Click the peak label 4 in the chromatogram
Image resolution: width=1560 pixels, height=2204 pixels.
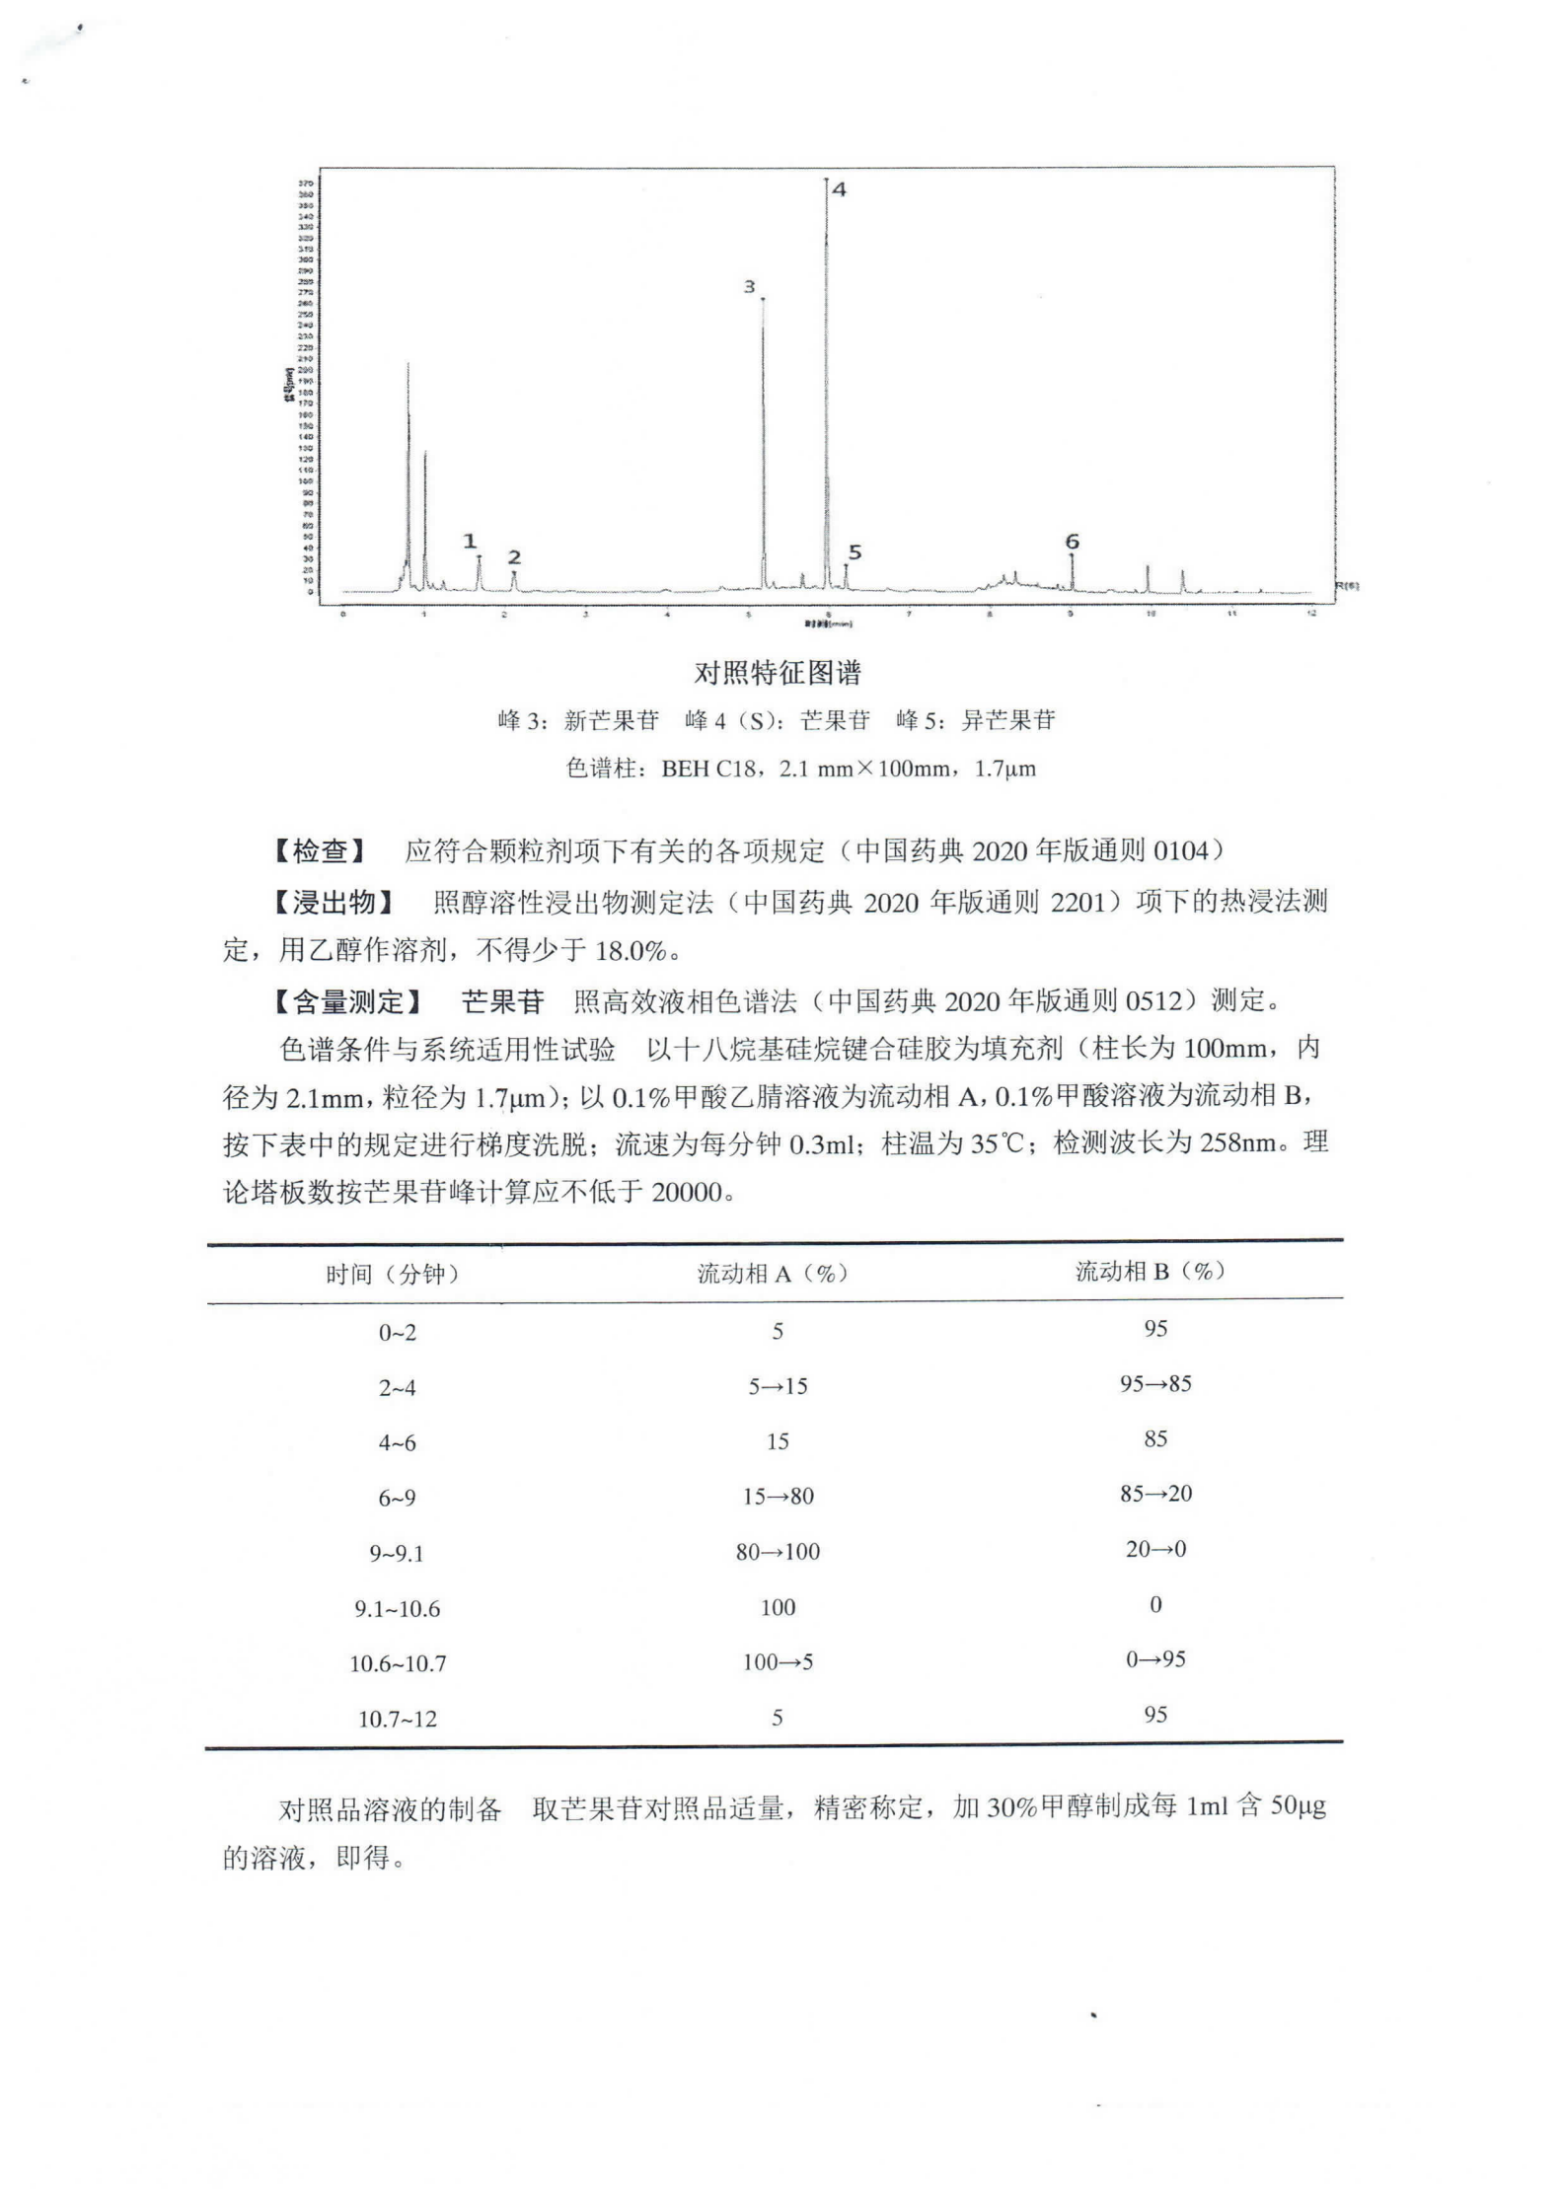(x=839, y=189)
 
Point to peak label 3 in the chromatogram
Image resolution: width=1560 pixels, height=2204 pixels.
(x=749, y=287)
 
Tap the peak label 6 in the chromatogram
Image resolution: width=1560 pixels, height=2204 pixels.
(x=1072, y=542)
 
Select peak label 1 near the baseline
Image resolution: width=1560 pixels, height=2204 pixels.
(x=470, y=542)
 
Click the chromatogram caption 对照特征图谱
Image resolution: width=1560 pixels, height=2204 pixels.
(x=778, y=674)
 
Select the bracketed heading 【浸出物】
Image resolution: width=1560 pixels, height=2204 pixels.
(x=334, y=902)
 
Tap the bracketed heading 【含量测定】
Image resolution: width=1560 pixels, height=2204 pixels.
(x=347, y=1002)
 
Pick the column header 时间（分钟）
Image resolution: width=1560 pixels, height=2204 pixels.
(x=393, y=1275)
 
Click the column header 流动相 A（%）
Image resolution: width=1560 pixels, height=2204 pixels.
(x=773, y=1274)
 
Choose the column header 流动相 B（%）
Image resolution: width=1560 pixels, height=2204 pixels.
(x=1151, y=1272)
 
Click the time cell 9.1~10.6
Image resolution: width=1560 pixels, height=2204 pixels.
(x=397, y=1609)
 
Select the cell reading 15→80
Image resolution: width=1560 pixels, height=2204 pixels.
(x=778, y=1497)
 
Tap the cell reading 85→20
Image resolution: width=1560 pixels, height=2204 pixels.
(x=1155, y=1494)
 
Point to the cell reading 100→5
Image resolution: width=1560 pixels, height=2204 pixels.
(x=778, y=1662)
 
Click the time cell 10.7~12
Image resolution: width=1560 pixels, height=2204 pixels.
(x=397, y=1720)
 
